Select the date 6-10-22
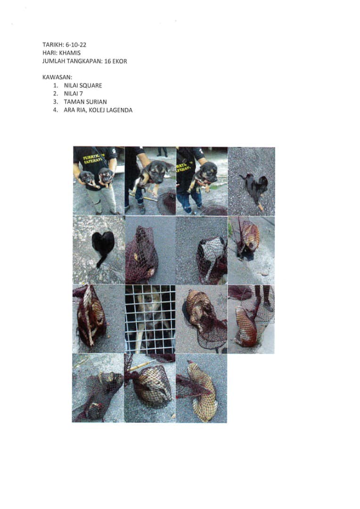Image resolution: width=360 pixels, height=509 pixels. (76, 45)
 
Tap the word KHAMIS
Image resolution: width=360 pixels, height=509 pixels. (70, 53)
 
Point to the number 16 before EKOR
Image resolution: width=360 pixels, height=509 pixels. (107, 61)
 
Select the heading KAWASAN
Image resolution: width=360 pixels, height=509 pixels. (57, 77)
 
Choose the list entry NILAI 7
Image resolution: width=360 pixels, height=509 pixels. (74, 93)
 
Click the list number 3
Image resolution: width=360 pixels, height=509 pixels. (56, 102)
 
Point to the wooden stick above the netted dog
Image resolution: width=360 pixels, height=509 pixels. (141, 366)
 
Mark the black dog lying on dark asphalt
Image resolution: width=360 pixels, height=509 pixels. (255, 188)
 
